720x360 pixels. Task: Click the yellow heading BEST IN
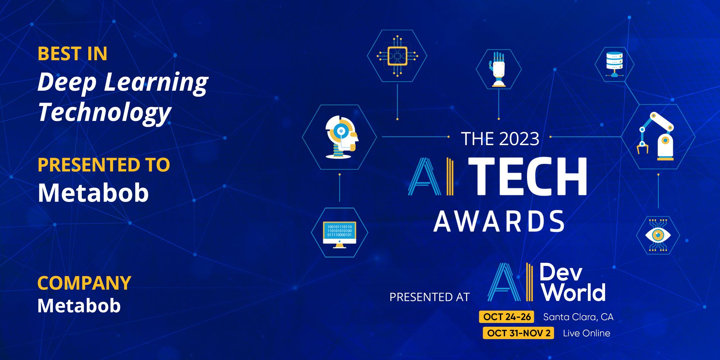point(72,54)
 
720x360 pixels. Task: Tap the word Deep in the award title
point(67,82)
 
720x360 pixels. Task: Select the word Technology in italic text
point(104,112)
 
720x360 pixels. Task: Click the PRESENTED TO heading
point(104,165)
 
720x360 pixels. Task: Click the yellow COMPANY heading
point(84,283)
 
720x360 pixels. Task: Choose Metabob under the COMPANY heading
point(79,306)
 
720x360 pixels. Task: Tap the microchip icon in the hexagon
point(397,56)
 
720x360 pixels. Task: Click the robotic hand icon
point(499,69)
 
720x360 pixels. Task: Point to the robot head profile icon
point(340,137)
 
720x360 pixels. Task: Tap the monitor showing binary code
point(339,233)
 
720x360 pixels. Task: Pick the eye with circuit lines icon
point(658,235)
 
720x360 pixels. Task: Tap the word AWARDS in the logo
point(499,221)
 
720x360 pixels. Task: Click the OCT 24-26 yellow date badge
point(507,317)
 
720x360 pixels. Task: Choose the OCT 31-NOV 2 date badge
point(518,333)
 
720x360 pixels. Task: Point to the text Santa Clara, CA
point(578,317)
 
